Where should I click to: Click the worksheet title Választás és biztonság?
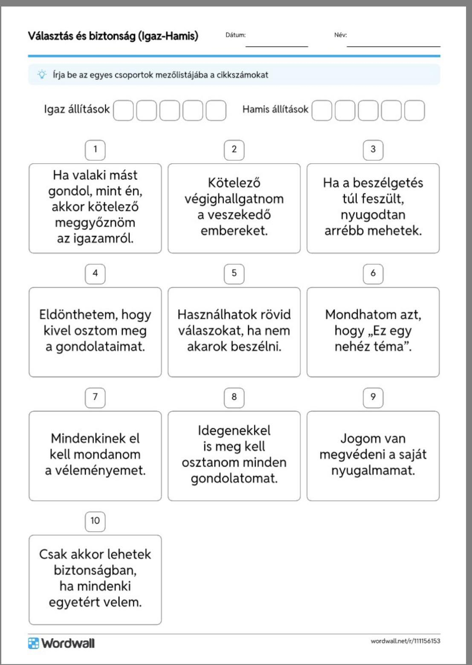113,36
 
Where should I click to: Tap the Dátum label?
235,35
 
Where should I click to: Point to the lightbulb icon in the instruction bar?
42,75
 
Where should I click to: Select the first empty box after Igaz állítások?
123,110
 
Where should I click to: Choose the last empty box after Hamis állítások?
414,110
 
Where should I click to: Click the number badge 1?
95,150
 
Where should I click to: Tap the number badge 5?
234,273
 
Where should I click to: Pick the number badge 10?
95,521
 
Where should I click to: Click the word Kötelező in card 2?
234,183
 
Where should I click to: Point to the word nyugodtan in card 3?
373,214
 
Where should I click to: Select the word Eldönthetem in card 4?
78,315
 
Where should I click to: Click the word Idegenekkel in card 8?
234,431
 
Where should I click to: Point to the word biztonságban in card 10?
95,570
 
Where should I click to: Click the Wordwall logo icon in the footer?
33,643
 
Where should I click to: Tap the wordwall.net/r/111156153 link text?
405,641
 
